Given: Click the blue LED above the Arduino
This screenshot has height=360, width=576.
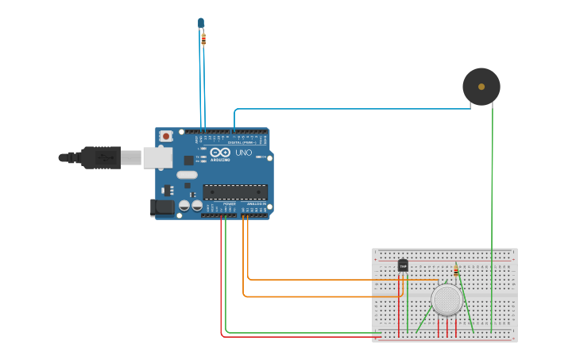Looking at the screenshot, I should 201,23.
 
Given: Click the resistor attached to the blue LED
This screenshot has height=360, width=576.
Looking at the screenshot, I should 203,39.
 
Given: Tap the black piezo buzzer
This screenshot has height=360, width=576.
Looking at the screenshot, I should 481,87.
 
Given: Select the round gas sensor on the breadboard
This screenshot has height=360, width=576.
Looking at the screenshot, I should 447,300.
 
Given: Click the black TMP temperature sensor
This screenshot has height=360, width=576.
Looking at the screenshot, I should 403,265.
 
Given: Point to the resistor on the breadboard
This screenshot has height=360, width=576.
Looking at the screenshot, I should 455,272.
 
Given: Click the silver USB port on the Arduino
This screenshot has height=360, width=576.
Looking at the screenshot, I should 157,157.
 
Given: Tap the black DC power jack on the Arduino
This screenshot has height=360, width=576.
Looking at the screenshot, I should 162,207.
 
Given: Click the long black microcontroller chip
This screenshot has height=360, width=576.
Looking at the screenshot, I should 235,192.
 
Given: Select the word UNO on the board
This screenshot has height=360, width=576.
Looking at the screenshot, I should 243,153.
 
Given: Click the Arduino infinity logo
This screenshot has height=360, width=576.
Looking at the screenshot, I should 220,152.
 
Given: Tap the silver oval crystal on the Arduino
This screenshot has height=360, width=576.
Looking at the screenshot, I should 187,175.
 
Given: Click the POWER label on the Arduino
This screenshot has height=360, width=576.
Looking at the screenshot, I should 229,204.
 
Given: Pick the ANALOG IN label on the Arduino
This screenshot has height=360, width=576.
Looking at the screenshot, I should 256,204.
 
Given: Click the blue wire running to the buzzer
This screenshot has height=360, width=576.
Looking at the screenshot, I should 350,109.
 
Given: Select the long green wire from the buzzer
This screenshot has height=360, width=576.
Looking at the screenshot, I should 493,199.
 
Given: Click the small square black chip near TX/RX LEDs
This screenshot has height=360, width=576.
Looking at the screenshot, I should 188,160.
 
